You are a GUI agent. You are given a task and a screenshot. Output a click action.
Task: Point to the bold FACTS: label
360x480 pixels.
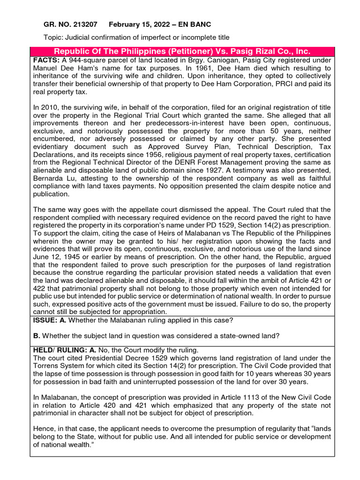[x=46, y=60]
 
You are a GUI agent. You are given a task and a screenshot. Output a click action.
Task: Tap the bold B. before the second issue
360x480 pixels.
[x=37, y=336]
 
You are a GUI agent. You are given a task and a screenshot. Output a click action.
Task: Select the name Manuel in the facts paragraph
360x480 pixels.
[x=46, y=68]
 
